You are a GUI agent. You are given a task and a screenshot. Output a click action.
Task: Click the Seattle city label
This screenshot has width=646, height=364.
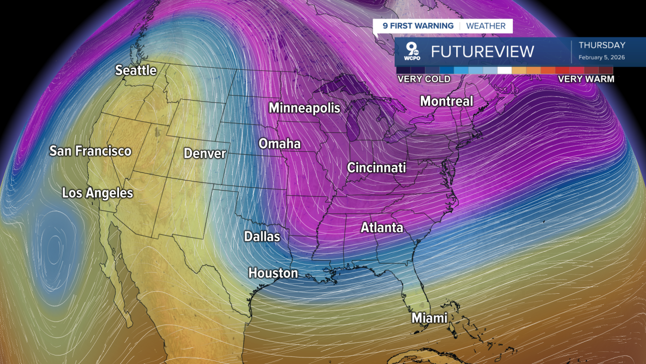pos(136,70)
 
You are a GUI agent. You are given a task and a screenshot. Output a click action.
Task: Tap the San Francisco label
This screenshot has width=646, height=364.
pos(90,151)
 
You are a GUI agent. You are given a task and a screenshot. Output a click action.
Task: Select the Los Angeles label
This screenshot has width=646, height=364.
pos(97,193)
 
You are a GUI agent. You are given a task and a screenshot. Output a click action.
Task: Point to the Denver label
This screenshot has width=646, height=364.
pos(204,153)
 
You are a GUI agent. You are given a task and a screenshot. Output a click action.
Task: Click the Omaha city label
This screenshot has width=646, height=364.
pos(280,144)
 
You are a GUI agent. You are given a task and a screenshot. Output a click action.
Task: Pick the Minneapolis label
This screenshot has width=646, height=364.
pos(304,108)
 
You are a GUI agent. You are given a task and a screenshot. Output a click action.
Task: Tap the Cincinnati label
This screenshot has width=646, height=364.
pos(376,167)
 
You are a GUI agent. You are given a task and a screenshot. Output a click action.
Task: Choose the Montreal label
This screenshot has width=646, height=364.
pos(447,101)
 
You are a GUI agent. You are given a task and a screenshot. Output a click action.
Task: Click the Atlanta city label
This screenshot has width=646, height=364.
pos(382,227)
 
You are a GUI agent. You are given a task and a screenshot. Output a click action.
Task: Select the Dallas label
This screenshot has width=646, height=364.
pos(262,236)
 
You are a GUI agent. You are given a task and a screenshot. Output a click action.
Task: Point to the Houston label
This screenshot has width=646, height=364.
pos(273,273)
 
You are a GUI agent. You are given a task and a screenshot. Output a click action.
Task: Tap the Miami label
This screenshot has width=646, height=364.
pos(429,318)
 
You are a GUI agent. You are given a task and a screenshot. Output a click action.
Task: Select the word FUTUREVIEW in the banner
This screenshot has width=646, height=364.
pos(482,52)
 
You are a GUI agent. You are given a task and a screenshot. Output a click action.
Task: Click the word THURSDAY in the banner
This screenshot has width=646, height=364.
pos(602,45)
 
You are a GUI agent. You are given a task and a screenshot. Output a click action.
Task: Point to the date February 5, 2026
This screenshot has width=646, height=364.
pos(602,58)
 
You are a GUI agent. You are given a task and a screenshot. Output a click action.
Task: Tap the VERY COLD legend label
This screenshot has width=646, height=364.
pos(424,79)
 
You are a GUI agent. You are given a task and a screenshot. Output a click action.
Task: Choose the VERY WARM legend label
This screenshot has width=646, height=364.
pos(586,79)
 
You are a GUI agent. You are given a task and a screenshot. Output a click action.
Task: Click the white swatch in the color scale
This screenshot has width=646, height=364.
pos(504,70)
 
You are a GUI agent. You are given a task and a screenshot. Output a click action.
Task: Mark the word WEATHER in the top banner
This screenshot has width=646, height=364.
pos(486,26)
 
